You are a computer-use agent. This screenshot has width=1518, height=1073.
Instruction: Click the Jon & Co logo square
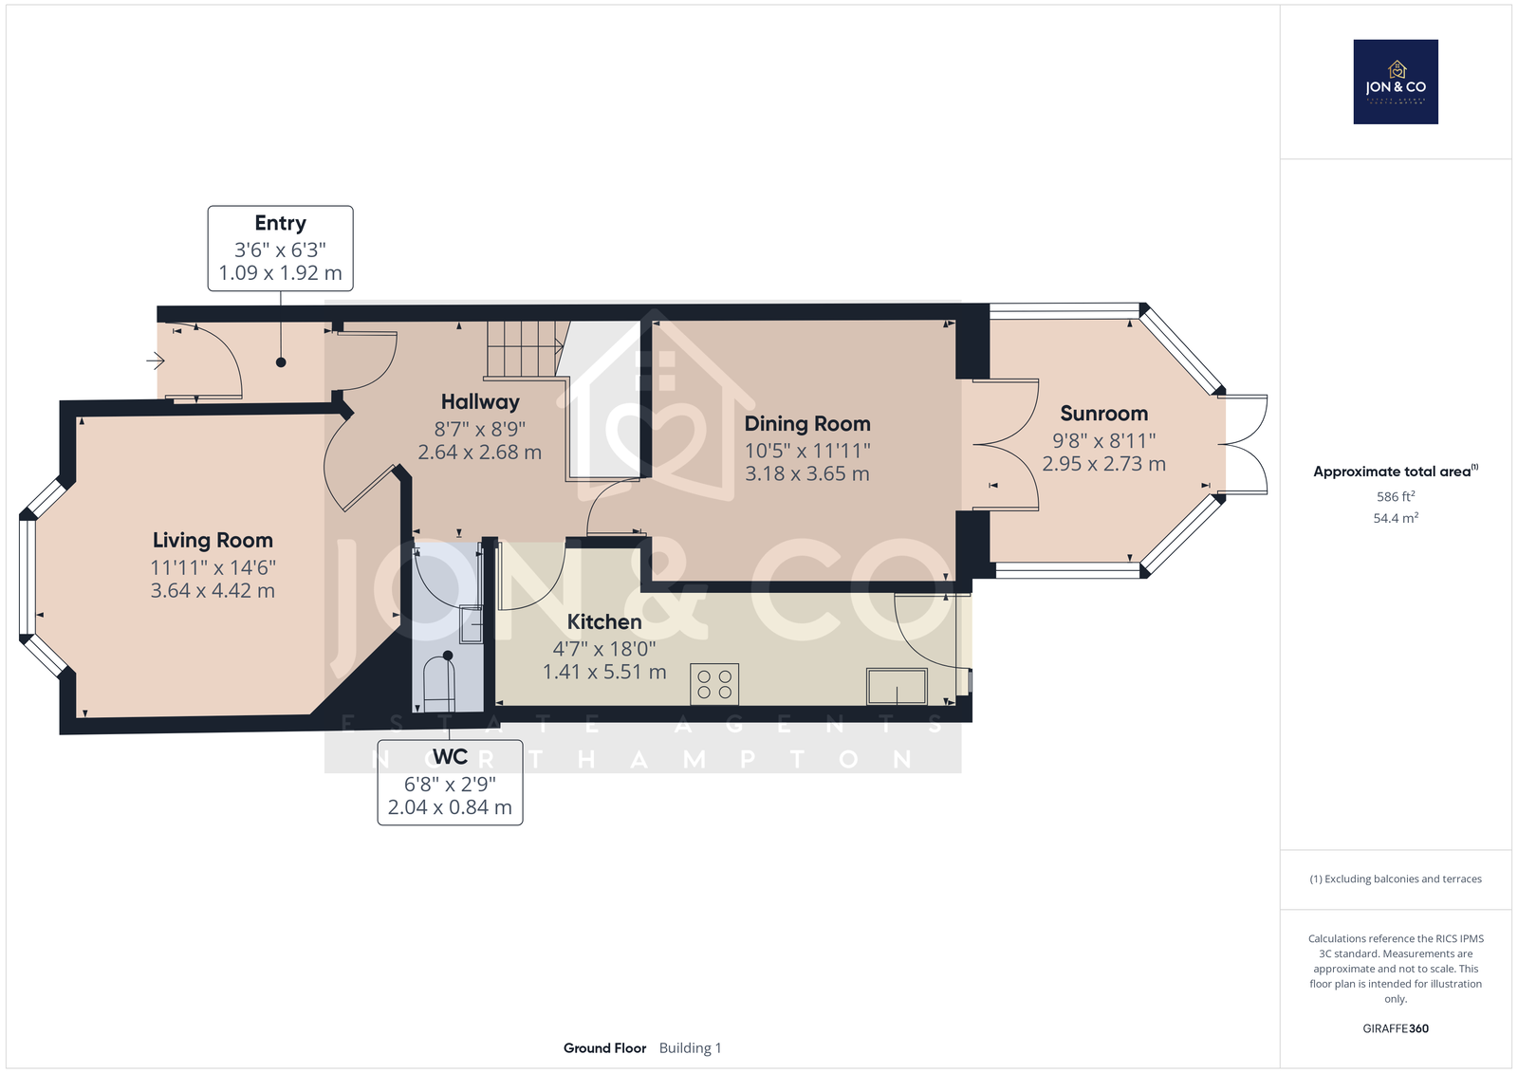(1396, 82)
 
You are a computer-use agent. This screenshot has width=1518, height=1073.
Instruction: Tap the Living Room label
(213, 540)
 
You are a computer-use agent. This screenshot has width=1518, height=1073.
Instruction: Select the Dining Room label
(807, 424)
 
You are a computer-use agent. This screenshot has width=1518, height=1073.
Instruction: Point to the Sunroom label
(1104, 414)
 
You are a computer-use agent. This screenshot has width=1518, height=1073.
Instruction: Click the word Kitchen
(603, 621)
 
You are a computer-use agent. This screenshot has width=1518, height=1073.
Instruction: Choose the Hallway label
(480, 402)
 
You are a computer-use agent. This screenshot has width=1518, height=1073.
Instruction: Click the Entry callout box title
(280, 223)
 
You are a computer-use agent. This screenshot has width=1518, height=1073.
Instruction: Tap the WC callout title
(450, 756)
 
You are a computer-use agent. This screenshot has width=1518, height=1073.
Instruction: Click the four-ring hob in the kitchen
(714, 684)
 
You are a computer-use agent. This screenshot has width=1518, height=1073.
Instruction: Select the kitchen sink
(897, 686)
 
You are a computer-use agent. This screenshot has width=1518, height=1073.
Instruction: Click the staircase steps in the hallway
(525, 348)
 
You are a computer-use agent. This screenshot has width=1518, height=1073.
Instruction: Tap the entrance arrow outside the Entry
(156, 361)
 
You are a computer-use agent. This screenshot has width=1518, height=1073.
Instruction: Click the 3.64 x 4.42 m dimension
(213, 590)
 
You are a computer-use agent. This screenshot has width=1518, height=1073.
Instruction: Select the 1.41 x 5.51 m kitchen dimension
(604, 672)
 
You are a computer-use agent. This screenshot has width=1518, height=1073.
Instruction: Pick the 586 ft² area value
(1396, 496)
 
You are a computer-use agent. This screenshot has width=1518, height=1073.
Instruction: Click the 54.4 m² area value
(1396, 518)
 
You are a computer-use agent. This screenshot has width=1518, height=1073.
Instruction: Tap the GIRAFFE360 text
(1396, 1028)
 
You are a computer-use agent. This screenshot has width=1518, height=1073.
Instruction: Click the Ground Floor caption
(604, 1048)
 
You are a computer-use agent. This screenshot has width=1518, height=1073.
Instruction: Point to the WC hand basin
(471, 624)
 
